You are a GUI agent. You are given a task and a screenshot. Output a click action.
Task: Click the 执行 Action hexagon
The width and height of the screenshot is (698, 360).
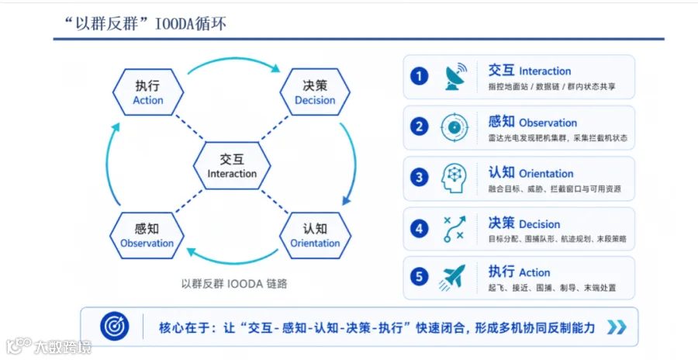tap(148, 92)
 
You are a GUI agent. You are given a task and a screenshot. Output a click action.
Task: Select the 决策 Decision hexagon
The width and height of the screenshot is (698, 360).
tap(315, 92)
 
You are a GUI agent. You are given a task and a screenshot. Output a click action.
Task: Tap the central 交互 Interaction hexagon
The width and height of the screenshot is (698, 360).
tap(232, 165)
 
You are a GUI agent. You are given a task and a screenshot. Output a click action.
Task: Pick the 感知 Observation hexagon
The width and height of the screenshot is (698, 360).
tap(147, 235)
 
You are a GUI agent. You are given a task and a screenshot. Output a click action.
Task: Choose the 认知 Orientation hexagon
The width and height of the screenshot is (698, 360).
tap(315, 235)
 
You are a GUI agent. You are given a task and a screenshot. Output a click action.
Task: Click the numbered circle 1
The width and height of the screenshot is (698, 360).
tap(419, 76)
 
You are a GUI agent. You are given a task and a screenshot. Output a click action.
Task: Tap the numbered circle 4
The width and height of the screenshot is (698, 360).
tap(419, 229)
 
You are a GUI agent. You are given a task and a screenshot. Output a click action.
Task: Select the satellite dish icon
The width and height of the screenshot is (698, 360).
tap(455, 76)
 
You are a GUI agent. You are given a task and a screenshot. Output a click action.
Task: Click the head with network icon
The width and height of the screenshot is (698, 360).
tap(454, 178)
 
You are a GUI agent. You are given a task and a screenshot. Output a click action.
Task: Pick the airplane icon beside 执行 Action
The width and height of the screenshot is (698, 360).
tap(452, 277)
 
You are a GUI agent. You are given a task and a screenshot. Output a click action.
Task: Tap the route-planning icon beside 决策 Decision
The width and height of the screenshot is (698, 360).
tap(454, 229)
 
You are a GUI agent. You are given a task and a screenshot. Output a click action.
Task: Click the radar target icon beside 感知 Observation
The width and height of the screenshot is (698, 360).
tap(454, 127)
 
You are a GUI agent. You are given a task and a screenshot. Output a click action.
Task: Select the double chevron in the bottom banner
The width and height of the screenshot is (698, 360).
tap(617, 327)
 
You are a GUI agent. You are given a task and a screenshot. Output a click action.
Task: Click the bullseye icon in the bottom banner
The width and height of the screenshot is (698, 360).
tap(115, 326)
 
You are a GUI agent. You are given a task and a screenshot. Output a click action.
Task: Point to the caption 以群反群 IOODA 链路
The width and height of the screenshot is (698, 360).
tap(233, 284)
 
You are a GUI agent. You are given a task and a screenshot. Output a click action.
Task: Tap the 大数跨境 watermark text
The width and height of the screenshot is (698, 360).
tap(62, 347)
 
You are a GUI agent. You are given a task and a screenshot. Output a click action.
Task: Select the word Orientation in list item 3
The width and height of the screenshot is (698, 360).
tap(546, 174)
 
